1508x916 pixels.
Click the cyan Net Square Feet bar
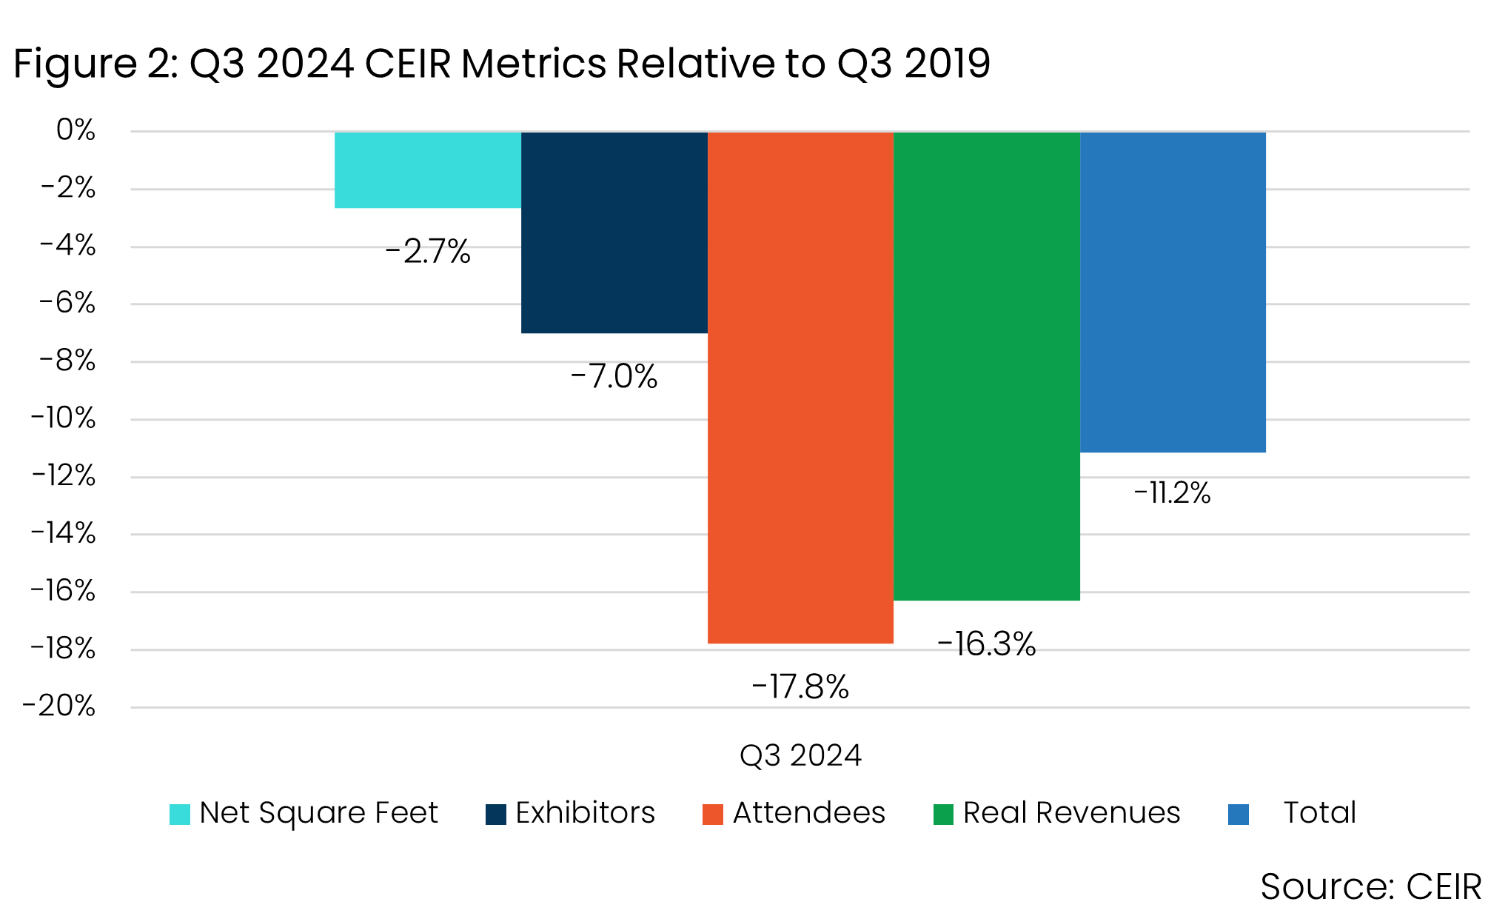point(428,170)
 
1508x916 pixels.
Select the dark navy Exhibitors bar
point(614,233)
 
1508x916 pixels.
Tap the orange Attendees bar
point(800,387)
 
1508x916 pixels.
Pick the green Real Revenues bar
point(987,366)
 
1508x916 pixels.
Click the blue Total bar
point(1173,292)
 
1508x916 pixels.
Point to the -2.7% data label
point(428,252)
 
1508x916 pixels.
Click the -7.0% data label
point(614,376)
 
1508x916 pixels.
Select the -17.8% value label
point(800,686)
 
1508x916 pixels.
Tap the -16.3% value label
point(986,643)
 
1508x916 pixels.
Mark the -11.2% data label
point(1172,492)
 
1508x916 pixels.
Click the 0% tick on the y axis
point(76,130)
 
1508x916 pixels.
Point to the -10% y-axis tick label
point(64,418)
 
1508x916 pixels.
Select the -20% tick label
point(59,706)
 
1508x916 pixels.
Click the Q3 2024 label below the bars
point(800,755)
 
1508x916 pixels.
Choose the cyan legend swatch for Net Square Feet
point(180,814)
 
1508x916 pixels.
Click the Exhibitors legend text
point(585,813)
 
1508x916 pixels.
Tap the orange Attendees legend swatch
point(712,814)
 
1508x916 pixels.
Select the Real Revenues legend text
point(1071,813)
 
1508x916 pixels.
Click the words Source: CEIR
point(1370,886)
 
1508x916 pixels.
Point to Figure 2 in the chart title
point(94,64)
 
